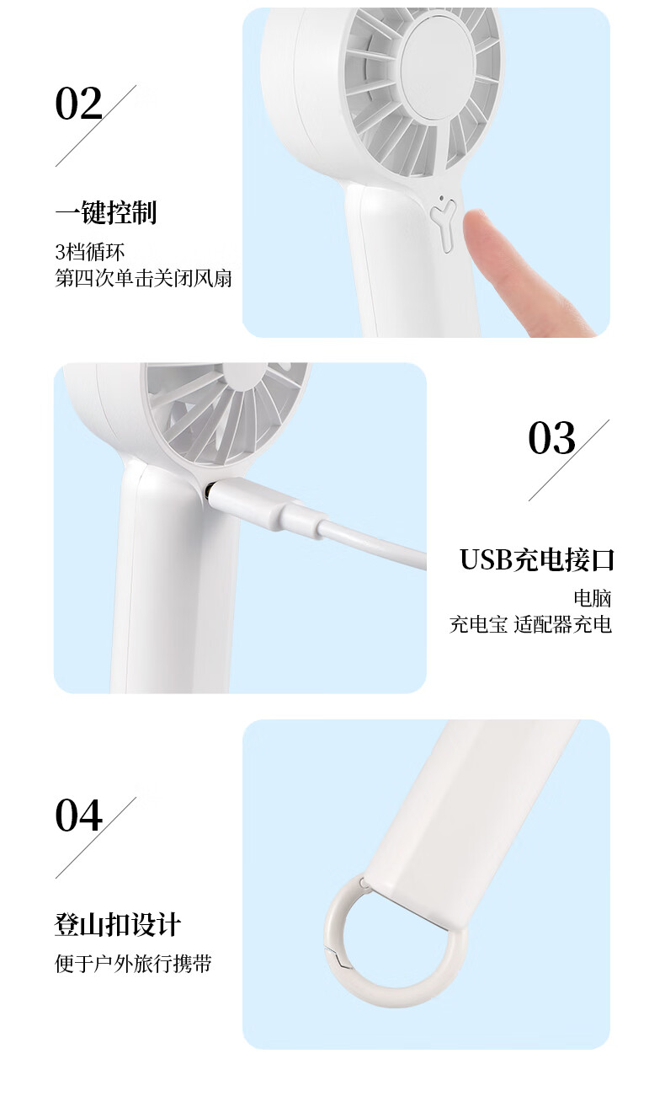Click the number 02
click(79, 104)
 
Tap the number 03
click(551, 438)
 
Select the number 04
click(79, 815)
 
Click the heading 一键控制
click(105, 212)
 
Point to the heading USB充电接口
click(536, 559)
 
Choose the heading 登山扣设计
click(118, 925)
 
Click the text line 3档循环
click(90, 253)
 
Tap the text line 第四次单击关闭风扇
click(143, 278)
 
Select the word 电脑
click(593, 598)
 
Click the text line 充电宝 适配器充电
click(530, 625)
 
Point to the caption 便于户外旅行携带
click(133, 964)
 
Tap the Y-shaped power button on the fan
click(444, 227)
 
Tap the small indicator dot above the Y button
click(442, 198)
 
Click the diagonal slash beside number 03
click(569, 460)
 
